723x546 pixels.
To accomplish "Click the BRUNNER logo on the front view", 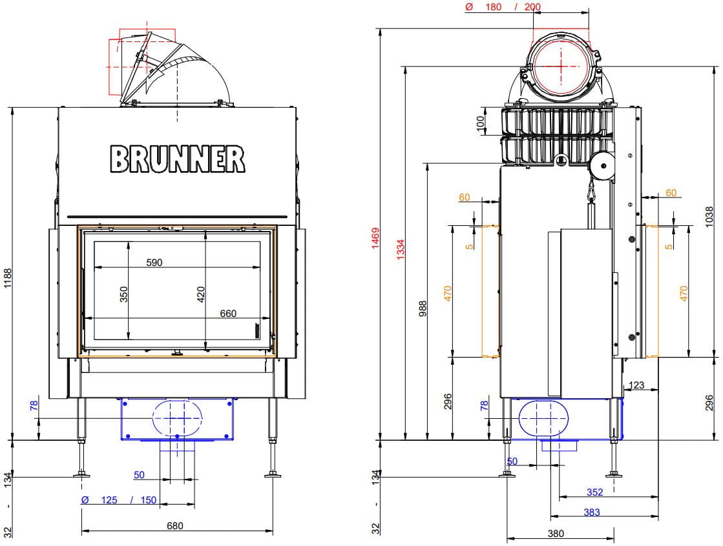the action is point(178,159).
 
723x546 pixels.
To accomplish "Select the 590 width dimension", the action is point(154,263).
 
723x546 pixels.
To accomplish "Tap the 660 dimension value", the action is point(228,314).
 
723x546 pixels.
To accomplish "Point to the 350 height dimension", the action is point(123,294).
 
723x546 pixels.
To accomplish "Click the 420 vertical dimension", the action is point(200,294).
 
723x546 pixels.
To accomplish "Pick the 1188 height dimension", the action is point(8,278).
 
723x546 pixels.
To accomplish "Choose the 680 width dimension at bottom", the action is point(174,526).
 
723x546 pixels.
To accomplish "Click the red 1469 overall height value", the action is point(376,238).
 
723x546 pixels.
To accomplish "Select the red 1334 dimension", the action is point(401,249).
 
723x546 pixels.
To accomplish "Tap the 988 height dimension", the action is point(423,308).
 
